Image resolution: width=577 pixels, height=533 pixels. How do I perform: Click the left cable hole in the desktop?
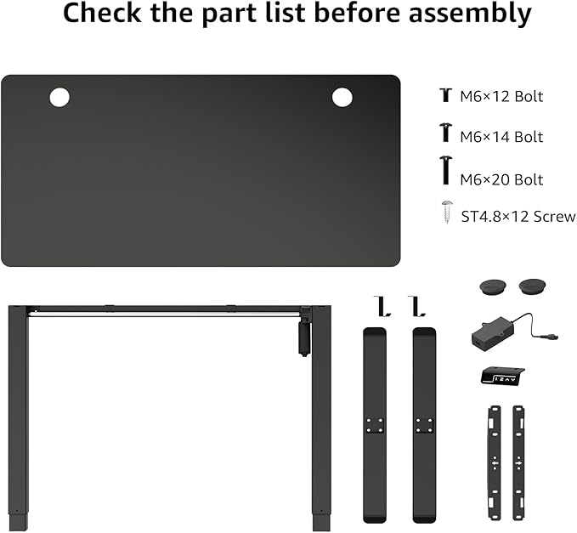pyautogui.click(x=59, y=97)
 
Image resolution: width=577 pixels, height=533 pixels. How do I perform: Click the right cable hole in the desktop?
pyautogui.click(x=342, y=97)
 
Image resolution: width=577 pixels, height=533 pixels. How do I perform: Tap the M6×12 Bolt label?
pyautogui.click(x=501, y=96)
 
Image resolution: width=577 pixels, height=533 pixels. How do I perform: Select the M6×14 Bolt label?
pyautogui.click(x=501, y=137)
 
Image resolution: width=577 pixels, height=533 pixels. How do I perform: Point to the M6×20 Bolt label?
pyautogui.click(x=501, y=179)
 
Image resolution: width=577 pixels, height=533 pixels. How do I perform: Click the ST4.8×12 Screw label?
pyautogui.click(x=518, y=217)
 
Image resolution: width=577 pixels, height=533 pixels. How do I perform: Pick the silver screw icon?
pyautogui.click(x=447, y=212)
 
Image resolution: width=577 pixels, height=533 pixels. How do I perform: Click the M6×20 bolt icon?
pyautogui.click(x=446, y=170)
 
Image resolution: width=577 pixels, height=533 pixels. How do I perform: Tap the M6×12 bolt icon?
pyautogui.click(x=445, y=94)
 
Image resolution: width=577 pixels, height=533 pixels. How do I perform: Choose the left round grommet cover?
pyautogui.click(x=493, y=286)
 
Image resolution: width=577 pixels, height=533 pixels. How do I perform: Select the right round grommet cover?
pyautogui.click(x=532, y=286)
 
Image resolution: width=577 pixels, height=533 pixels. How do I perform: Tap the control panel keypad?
pyautogui.click(x=502, y=377)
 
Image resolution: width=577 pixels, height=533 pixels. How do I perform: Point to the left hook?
pyautogui.click(x=382, y=307)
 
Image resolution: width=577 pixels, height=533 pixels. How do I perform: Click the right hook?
pyautogui.click(x=416, y=307)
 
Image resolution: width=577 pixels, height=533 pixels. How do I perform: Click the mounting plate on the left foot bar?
pyautogui.click(x=375, y=425)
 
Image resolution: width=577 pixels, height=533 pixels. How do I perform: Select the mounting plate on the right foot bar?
pyautogui.click(x=424, y=425)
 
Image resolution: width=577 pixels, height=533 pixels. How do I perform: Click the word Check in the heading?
pyautogui.click(x=102, y=13)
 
